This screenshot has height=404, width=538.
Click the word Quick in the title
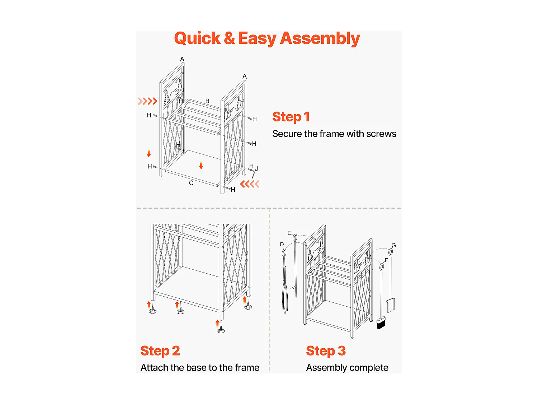click(x=197, y=39)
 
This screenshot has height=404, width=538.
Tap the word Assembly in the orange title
click(x=320, y=39)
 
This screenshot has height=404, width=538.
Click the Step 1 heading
click(x=291, y=117)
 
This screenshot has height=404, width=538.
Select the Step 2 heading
click(x=160, y=351)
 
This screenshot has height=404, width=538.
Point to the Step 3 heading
click(x=326, y=351)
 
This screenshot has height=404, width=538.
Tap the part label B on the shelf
click(x=207, y=101)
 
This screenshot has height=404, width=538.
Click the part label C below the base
click(x=191, y=183)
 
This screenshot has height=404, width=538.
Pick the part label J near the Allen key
click(x=256, y=169)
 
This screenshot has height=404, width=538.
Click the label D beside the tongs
click(x=282, y=245)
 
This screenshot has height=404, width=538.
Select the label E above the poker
click(x=289, y=233)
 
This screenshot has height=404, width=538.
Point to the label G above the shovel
click(x=393, y=245)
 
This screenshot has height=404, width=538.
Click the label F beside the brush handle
click(x=386, y=260)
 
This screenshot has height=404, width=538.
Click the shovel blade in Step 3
click(x=391, y=305)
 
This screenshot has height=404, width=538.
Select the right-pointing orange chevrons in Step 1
click(x=147, y=101)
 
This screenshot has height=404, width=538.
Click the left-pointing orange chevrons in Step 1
click(x=250, y=184)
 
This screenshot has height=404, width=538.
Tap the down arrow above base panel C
click(x=201, y=166)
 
